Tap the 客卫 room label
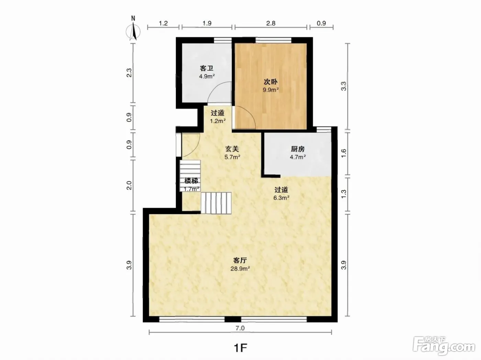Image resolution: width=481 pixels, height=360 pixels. [x=206, y=68]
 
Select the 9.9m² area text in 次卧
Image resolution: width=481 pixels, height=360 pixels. [x=271, y=90]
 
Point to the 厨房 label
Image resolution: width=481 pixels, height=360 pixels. [x=298, y=149]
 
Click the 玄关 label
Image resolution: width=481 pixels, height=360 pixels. [x=232, y=149]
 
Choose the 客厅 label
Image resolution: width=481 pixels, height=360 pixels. [x=240, y=261]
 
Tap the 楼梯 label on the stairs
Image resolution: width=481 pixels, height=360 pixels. [x=191, y=181]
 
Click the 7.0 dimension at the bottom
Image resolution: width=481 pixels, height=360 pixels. [x=240, y=328]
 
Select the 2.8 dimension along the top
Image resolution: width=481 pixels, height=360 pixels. [x=271, y=23]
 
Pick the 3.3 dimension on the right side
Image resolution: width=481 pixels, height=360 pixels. [x=344, y=86]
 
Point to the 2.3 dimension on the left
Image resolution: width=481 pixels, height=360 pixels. [x=129, y=73]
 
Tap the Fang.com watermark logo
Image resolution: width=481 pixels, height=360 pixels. [x=444, y=346]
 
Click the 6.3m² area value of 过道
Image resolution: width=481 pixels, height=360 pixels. [x=281, y=198]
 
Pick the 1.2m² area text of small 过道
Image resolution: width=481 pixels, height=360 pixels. [x=218, y=121]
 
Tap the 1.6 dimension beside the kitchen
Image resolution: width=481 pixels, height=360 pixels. [x=344, y=153]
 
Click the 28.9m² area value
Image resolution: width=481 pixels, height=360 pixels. [x=240, y=269]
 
